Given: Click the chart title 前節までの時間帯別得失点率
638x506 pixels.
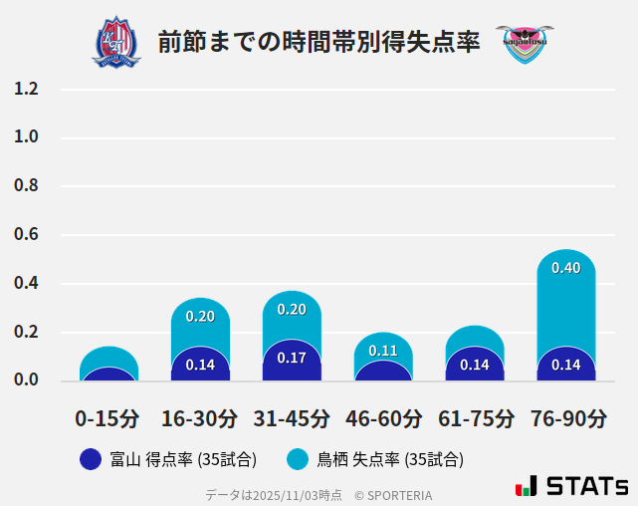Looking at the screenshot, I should [x=319, y=41].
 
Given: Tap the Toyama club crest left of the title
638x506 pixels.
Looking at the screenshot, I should [x=116, y=42].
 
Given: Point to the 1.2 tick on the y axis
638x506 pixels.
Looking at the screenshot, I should [x=26, y=89].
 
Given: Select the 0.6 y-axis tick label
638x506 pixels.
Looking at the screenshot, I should [x=26, y=235].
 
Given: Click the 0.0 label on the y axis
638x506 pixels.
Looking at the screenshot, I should [x=26, y=379].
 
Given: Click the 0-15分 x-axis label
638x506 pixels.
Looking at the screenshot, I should [x=107, y=417].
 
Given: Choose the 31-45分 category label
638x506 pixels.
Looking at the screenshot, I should [x=292, y=417].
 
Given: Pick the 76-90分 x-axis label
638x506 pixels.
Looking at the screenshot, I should [x=566, y=417].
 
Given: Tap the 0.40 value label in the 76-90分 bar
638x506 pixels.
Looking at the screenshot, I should [x=566, y=267].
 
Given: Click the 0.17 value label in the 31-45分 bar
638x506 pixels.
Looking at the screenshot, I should [x=292, y=358].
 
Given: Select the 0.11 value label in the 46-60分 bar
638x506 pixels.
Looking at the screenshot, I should [x=383, y=351].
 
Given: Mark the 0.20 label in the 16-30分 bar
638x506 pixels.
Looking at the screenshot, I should [x=200, y=316].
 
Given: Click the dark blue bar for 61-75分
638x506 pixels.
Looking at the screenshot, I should [x=475, y=365].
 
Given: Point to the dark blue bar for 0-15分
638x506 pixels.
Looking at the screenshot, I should [x=108, y=375].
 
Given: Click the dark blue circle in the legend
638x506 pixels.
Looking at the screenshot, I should [x=91, y=459].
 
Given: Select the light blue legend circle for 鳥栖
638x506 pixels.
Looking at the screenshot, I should [x=297, y=459].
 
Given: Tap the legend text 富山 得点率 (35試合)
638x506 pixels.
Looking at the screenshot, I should [x=185, y=459].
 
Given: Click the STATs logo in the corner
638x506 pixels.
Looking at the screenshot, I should [x=571, y=486].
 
